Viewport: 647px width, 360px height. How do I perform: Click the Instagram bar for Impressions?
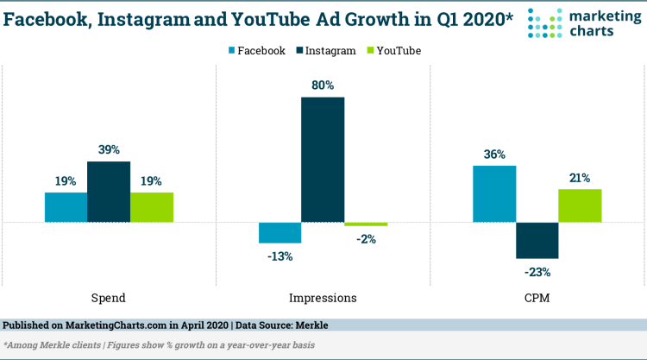click(x=323, y=160)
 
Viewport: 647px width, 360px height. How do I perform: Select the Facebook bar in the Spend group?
click(x=66, y=207)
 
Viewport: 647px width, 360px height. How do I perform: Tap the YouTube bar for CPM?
click(x=580, y=205)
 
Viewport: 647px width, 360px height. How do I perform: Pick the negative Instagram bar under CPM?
click(x=537, y=240)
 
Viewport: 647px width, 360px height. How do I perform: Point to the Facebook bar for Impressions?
click(x=280, y=232)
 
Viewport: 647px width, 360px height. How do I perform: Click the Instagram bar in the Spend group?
click(x=109, y=192)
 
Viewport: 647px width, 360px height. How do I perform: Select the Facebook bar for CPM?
click(x=494, y=193)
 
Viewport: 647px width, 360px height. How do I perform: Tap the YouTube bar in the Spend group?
click(x=152, y=207)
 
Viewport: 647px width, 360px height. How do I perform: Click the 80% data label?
click(x=323, y=85)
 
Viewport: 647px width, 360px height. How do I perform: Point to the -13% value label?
click(x=280, y=256)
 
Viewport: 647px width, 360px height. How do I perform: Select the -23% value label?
click(x=537, y=272)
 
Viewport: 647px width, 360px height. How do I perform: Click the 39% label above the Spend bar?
click(x=109, y=150)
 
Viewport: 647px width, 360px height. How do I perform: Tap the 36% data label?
click(x=494, y=155)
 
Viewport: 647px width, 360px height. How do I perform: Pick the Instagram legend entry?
click(x=329, y=51)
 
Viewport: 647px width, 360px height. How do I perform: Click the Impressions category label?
click(x=323, y=298)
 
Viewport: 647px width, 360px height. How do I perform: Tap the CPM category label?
click(x=537, y=298)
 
